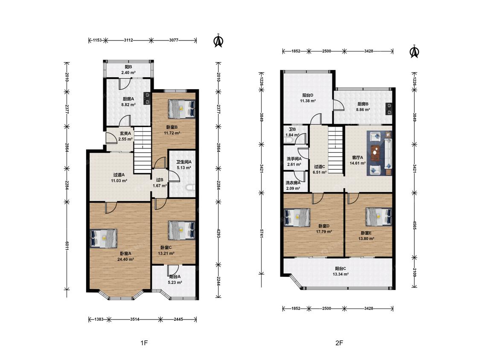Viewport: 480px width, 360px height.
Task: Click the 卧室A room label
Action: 125,253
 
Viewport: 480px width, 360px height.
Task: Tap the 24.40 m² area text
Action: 125,259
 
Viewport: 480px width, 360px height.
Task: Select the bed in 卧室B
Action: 181,109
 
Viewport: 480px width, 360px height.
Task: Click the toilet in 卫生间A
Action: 190,187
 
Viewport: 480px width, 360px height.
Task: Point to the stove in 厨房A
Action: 147,97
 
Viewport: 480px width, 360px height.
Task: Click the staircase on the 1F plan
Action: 143,151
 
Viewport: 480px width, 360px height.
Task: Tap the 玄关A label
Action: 125,134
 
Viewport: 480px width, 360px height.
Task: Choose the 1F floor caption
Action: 144,343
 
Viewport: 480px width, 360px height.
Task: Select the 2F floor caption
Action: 339,343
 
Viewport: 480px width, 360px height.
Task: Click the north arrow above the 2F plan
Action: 414,51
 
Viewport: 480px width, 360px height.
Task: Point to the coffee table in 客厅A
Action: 375,153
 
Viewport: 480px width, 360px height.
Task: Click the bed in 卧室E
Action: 379,217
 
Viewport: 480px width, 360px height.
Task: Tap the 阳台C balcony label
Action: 340,268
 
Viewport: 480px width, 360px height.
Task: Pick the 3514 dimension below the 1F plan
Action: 135,319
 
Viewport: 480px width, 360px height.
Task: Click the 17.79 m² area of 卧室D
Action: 324,232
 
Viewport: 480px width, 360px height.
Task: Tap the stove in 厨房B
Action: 389,109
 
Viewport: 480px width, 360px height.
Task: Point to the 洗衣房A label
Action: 293,183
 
